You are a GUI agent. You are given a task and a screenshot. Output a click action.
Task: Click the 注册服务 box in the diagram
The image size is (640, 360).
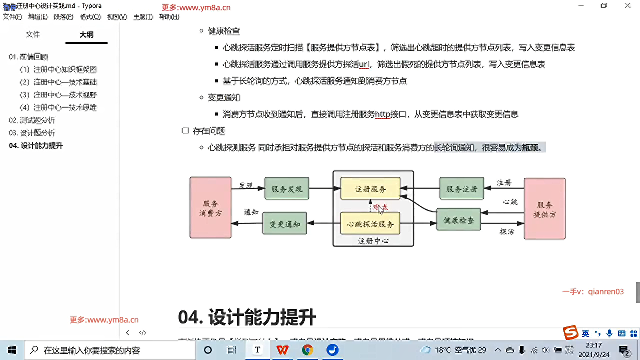click(x=370, y=189)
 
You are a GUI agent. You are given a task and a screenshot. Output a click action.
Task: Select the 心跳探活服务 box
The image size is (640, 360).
click(x=370, y=224)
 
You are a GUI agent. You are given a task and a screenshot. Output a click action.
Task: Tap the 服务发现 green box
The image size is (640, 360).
click(x=287, y=189)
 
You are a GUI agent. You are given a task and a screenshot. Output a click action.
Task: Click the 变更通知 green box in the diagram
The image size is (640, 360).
click(x=285, y=224)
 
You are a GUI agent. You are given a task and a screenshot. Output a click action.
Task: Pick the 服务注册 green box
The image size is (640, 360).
click(x=462, y=189)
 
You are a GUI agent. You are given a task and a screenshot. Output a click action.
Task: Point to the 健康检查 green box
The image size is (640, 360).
click(x=459, y=220)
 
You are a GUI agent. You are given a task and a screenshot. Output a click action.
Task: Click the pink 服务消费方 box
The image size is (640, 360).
click(x=210, y=208)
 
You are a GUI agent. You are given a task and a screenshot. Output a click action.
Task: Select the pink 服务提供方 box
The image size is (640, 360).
click(x=544, y=209)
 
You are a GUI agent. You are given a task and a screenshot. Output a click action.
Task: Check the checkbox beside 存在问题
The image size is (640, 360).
click(x=186, y=130)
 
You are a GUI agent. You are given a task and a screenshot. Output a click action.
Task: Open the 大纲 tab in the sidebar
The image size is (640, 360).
click(x=86, y=34)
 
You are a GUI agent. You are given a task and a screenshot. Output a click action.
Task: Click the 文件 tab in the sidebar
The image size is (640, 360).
click(x=33, y=34)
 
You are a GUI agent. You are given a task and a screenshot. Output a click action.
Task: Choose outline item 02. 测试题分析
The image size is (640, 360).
click(x=32, y=120)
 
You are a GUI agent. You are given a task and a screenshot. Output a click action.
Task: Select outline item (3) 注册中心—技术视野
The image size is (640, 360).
click(x=58, y=95)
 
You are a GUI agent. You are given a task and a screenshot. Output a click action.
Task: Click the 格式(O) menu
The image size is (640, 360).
click(x=90, y=17)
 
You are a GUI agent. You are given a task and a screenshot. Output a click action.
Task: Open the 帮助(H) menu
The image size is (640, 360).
click(x=169, y=17)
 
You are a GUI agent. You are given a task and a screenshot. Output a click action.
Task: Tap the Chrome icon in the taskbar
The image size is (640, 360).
click(x=307, y=350)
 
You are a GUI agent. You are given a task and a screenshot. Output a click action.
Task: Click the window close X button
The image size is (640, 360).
click(x=628, y=6)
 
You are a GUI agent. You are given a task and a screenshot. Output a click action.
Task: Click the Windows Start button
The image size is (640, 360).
click(x=12, y=350)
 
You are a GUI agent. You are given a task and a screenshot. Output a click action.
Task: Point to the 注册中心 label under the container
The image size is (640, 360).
click(x=373, y=241)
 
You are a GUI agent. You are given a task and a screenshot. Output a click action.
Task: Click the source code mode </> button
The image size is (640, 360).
click(x=143, y=332)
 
